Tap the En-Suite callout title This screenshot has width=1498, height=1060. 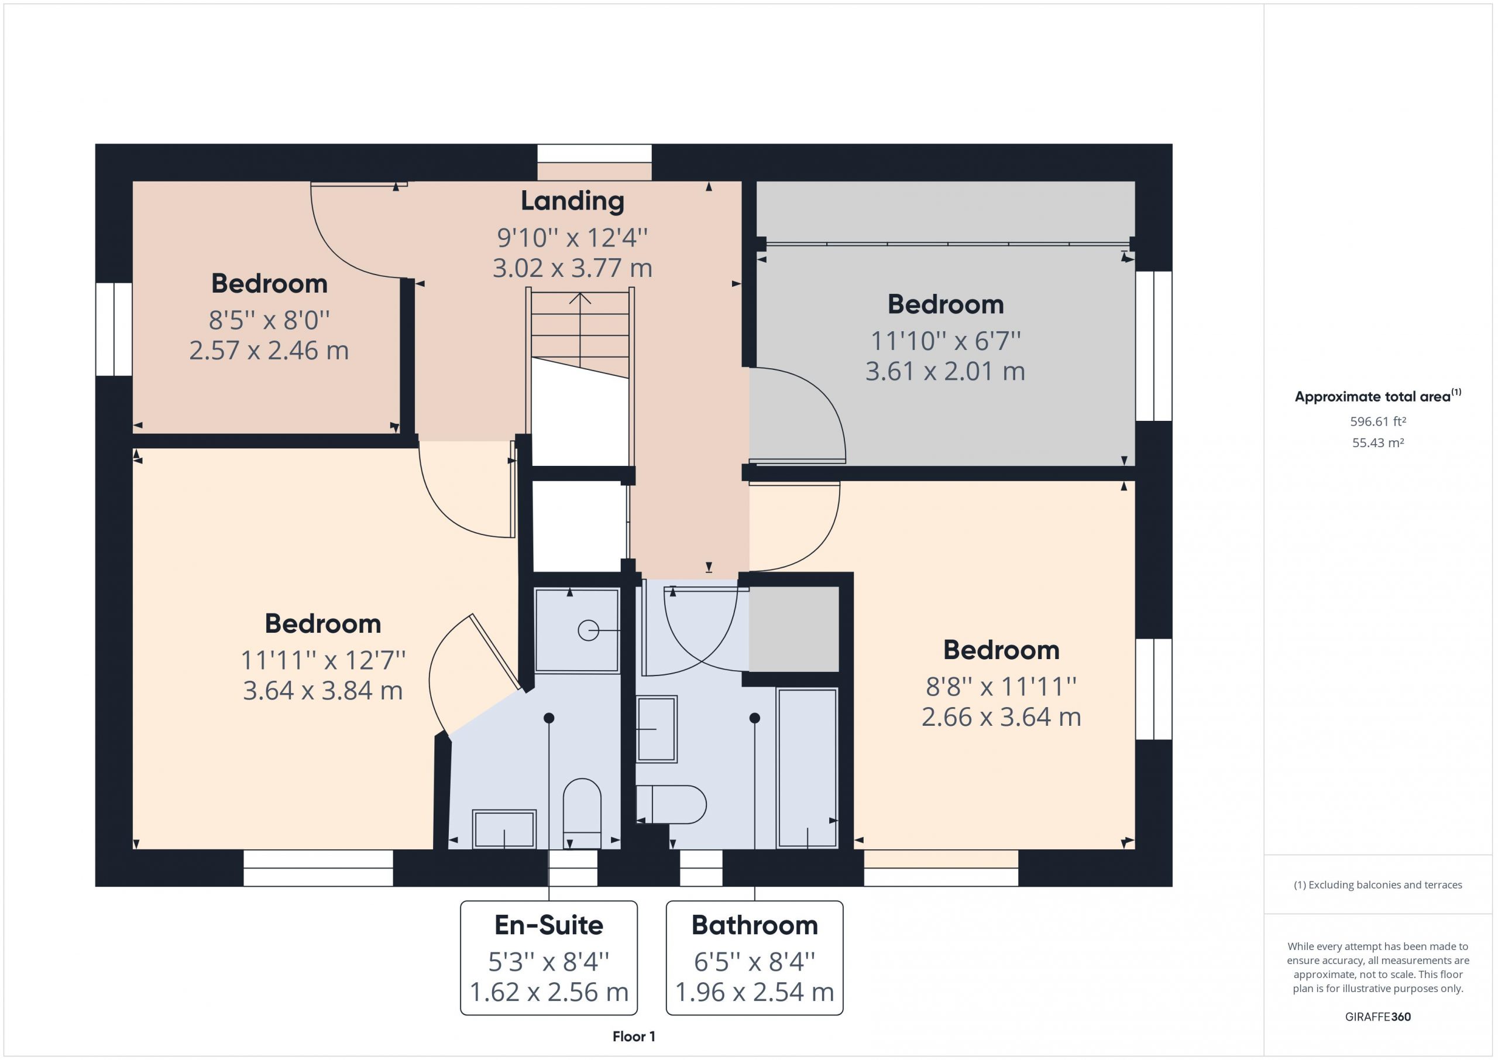(x=549, y=925)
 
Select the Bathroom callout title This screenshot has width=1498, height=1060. (x=754, y=925)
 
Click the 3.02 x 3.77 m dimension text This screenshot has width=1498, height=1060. (x=572, y=268)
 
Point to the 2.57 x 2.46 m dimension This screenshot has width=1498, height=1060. (x=269, y=351)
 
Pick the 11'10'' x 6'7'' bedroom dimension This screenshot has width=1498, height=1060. (x=946, y=340)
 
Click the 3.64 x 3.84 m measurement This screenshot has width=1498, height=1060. (x=323, y=691)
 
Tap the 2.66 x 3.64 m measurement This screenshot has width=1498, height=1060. (x=1001, y=718)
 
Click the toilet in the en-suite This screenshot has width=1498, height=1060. (x=582, y=813)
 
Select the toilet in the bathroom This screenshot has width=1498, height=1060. (x=671, y=804)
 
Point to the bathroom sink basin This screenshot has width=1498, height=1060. (x=657, y=729)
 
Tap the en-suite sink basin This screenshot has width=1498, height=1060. (x=504, y=829)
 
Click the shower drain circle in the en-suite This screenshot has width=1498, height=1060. (x=589, y=630)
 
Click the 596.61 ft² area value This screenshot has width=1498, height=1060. (x=1378, y=421)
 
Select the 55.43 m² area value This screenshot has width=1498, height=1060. (x=1378, y=442)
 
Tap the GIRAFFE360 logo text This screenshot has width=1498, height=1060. (x=1378, y=1016)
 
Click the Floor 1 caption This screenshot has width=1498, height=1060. (x=634, y=1036)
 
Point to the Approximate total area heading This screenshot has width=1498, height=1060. (x=1378, y=396)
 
